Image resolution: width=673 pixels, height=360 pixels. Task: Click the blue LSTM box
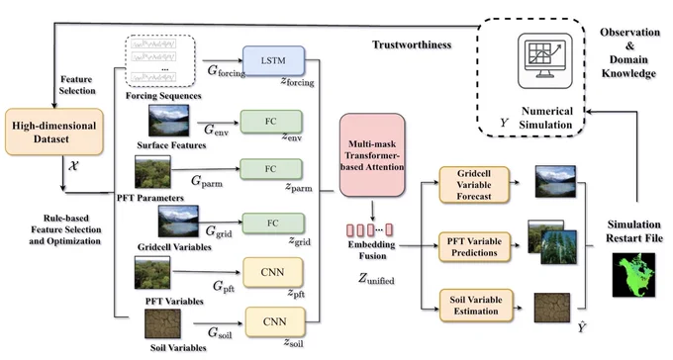(x=273, y=60)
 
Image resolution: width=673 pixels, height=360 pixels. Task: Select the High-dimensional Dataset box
(x=54, y=132)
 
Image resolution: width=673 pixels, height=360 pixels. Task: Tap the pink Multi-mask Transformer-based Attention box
(x=372, y=155)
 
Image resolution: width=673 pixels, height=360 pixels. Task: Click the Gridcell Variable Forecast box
(x=474, y=185)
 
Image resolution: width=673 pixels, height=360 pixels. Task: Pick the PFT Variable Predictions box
(x=474, y=246)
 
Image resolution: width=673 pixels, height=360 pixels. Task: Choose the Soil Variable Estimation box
(x=476, y=305)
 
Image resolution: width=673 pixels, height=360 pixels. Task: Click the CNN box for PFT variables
(x=272, y=272)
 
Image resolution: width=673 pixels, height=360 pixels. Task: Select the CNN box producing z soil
(x=275, y=321)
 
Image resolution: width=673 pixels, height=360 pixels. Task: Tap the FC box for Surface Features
(x=271, y=122)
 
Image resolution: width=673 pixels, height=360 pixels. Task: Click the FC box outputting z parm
(x=271, y=169)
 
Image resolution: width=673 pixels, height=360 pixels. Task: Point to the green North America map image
(x=633, y=275)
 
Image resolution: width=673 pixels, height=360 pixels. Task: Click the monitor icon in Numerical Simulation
(x=544, y=60)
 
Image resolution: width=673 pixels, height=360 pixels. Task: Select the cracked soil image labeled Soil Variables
(x=162, y=323)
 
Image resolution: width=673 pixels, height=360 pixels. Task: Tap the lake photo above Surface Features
(x=168, y=121)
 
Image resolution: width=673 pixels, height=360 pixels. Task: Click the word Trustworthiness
(x=412, y=45)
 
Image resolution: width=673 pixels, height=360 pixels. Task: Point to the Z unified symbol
(x=376, y=279)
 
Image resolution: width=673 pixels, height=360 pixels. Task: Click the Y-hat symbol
(x=582, y=327)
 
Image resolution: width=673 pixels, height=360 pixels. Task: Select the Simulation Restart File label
(x=634, y=231)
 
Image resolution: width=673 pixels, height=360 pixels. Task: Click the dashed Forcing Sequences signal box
(x=160, y=61)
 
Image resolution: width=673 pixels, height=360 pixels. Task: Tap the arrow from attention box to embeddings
(x=372, y=211)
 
